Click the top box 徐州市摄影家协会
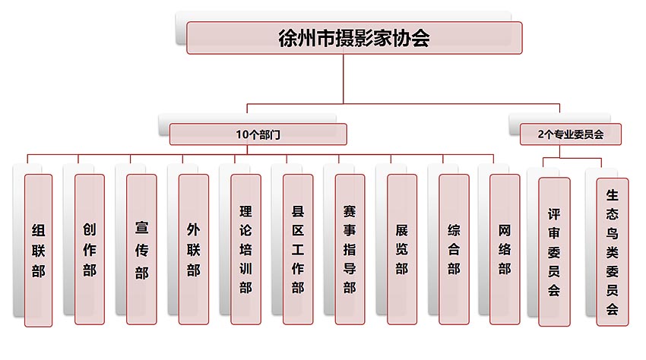(354, 38)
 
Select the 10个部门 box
(258, 134)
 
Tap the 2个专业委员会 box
(570, 134)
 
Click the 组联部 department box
(38, 250)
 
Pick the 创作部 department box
(90, 250)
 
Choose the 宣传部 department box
(141, 250)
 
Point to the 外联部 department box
(193, 250)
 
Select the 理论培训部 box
(245, 250)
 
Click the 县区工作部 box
(297, 250)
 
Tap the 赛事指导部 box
(349, 250)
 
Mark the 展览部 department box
(401, 250)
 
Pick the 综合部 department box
(454, 250)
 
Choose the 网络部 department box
(505, 250)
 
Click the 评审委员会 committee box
(554, 251)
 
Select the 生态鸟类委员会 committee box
(613, 251)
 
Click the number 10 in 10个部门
(242, 134)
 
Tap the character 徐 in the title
(289, 38)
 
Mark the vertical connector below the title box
(344, 77)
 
